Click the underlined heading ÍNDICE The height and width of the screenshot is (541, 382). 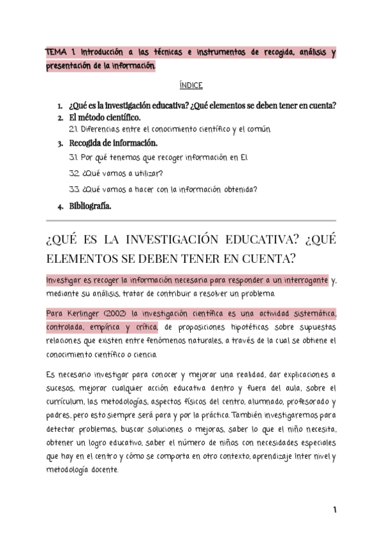coord(191,85)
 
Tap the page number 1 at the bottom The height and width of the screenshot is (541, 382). coord(334,510)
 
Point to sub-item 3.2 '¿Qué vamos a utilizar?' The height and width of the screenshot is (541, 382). coord(116,173)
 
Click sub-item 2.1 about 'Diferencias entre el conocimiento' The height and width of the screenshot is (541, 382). coord(170,130)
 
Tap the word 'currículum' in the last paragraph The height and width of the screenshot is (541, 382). coord(64,401)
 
